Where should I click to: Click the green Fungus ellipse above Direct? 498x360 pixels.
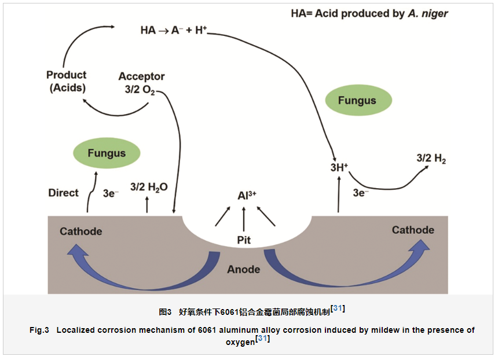pyautogui.click(x=107, y=153)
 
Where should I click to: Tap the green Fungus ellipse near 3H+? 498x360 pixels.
pyautogui.click(x=357, y=101)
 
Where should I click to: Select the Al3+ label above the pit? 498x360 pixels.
pyautogui.click(x=247, y=195)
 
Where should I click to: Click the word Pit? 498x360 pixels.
pyautogui.click(x=244, y=240)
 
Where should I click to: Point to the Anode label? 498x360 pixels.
pyautogui.click(x=243, y=269)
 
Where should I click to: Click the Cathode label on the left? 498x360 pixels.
pyautogui.click(x=80, y=232)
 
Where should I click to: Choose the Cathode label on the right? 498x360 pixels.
pyautogui.click(x=412, y=230)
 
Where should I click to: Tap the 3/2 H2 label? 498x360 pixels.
pyautogui.click(x=431, y=159)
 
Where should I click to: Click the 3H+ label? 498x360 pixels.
pyautogui.click(x=339, y=168)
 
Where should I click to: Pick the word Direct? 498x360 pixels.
pyautogui.click(x=63, y=193)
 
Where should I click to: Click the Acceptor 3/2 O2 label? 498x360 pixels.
pyautogui.click(x=141, y=83)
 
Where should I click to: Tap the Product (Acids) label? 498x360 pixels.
pyautogui.click(x=66, y=82)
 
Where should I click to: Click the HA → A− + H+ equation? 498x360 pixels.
pyautogui.click(x=173, y=31)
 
